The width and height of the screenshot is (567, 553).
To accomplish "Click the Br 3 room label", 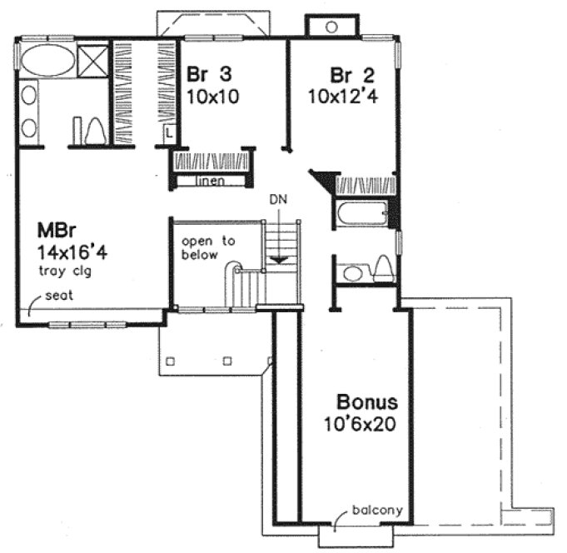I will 209,72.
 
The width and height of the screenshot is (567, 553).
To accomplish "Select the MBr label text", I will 52,229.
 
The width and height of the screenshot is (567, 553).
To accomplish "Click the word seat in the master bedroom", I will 57,296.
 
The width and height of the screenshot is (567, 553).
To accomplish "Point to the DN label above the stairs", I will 278,200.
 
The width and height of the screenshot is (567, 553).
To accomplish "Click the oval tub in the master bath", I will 45,61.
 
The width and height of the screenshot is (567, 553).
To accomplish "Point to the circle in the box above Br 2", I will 331,27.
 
